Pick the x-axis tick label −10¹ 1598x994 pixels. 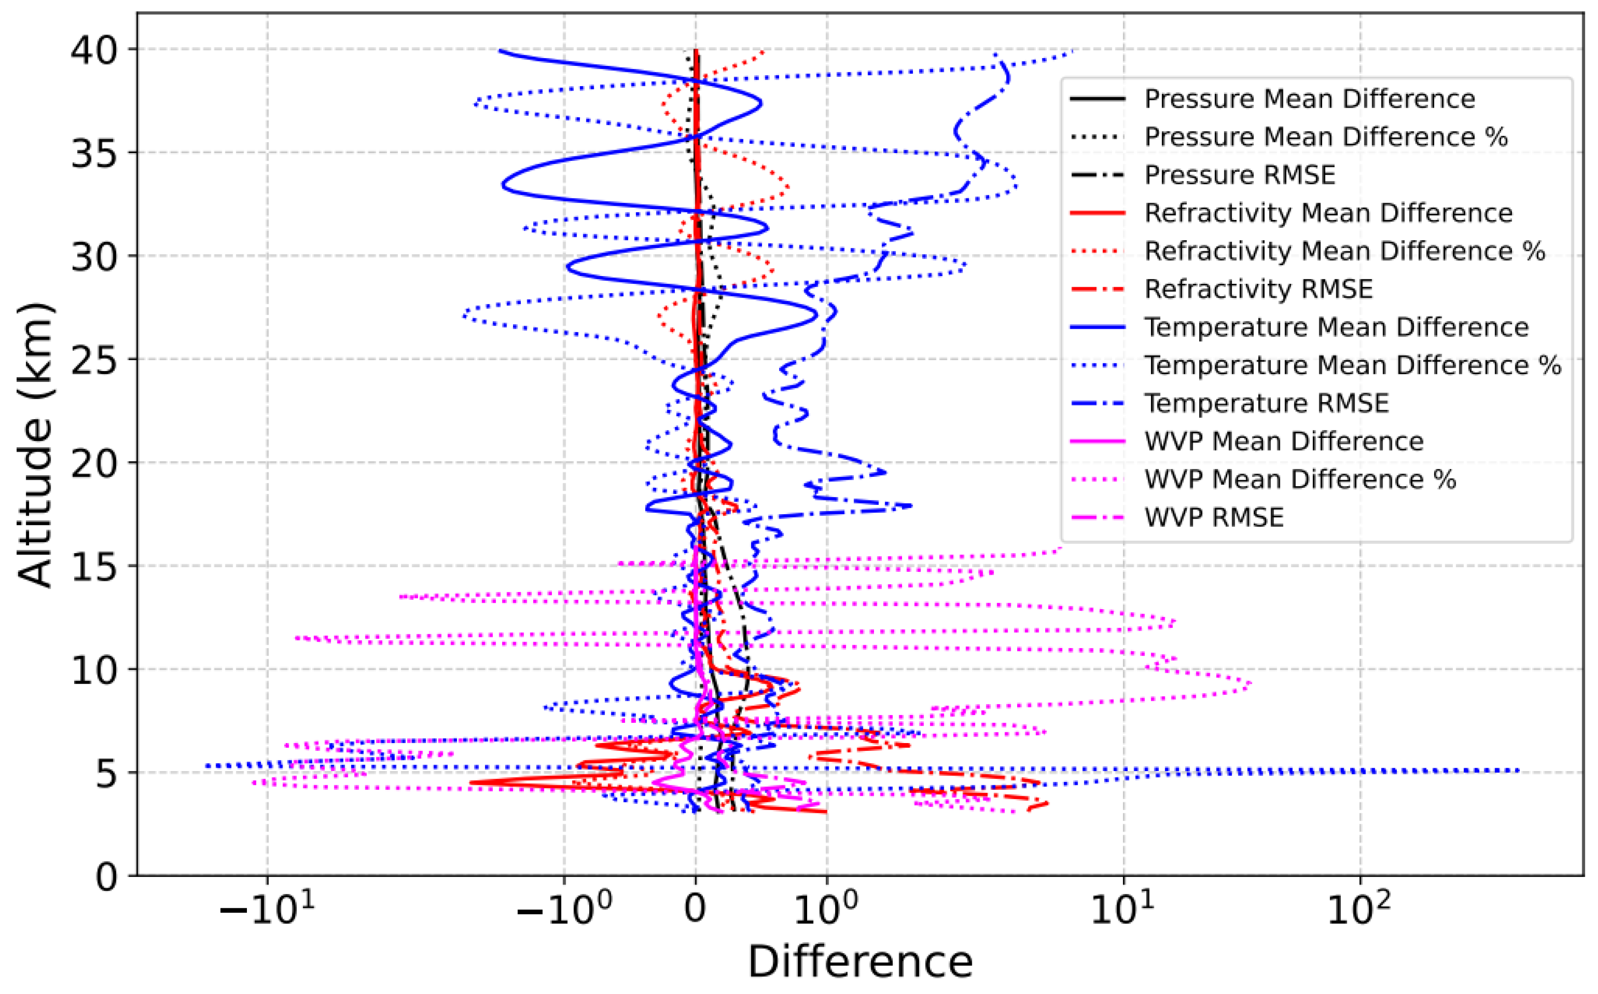click(x=267, y=910)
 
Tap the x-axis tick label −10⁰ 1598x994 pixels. click(x=564, y=910)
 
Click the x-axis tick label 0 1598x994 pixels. click(x=695, y=910)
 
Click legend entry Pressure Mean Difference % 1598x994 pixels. click(x=1326, y=137)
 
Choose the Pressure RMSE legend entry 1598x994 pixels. click(x=1239, y=175)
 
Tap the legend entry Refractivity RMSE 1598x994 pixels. click(x=1258, y=289)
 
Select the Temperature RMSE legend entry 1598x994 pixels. click(x=1266, y=403)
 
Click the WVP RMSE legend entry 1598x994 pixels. click(x=1213, y=517)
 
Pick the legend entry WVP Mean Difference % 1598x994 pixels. click(x=1299, y=479)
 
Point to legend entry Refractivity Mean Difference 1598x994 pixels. click(x=1328, y=213)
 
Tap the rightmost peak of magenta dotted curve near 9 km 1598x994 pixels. click(x=1250, y=684)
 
